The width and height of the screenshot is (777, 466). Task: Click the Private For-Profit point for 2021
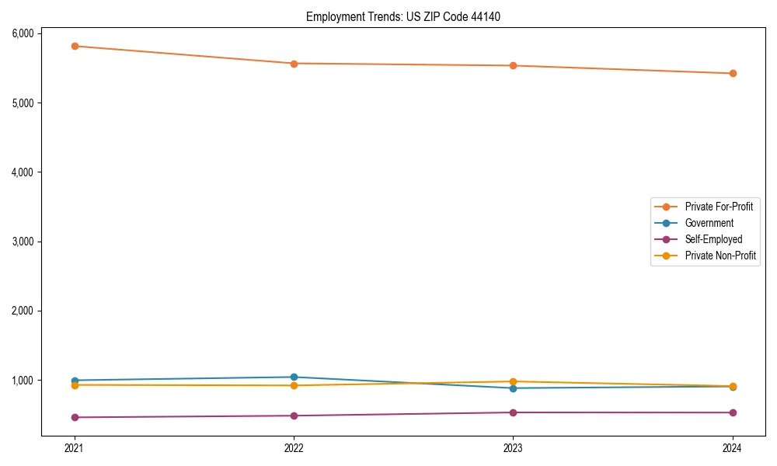(x=75, y=46)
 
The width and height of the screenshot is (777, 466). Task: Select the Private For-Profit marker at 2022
(x=294, y=64)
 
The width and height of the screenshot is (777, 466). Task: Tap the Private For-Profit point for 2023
(x=513, y=66)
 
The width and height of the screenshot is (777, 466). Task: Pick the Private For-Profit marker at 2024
(x=732, y=74)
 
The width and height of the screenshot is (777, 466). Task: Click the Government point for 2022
(x=294, y=377)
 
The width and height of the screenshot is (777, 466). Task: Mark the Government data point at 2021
(x=75, y=381)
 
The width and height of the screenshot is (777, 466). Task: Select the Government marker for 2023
(x=513, y=388)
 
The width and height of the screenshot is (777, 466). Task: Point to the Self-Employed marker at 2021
(x=75, y=417)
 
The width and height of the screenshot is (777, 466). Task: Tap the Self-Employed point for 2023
(x=513, y=412)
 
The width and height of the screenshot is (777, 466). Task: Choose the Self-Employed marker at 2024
(x=732, y=412)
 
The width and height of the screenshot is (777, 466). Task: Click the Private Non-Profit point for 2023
(x=513, y=381)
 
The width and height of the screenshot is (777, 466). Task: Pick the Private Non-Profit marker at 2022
(x=294, y=385)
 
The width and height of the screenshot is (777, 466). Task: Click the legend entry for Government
(x=709, y=223)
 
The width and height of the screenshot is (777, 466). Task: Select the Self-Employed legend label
(x=713, y=239)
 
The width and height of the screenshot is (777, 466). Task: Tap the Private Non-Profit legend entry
(x=720, y=256)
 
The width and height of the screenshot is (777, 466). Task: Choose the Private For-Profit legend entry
(x=718, y=207)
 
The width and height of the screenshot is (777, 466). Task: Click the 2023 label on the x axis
(x=513, y=447)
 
